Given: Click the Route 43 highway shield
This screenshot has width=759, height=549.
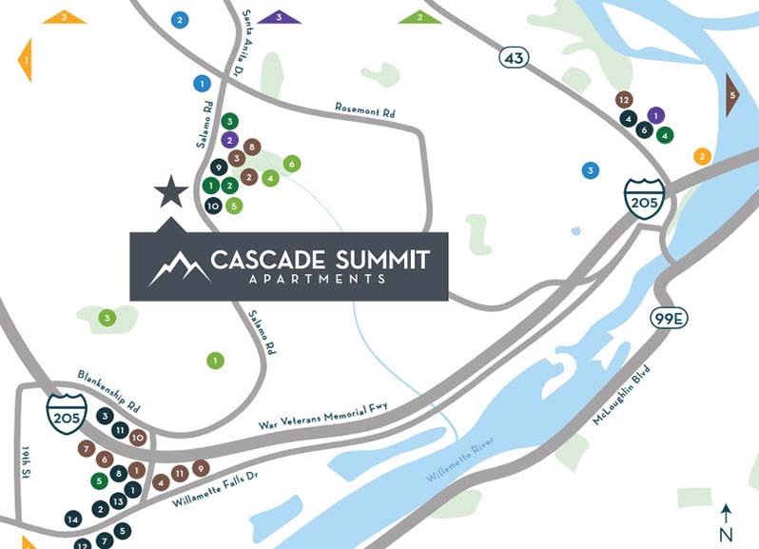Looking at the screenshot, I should click(x=515, y=59).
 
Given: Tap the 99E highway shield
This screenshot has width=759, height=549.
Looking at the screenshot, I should click(x=669, y=318).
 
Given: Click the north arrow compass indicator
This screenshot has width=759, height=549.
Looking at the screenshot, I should click(x=727, y=521).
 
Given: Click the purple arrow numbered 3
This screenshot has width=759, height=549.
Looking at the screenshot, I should click(x=279, y=16).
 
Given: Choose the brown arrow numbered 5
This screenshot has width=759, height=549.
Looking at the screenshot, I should click(x=732, y=95).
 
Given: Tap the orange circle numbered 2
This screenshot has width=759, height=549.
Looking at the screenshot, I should click(x=702, y=156).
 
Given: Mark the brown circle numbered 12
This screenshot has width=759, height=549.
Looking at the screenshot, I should click(x=624, y=99).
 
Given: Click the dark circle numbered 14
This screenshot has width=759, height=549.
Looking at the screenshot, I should click(x=73, y=519).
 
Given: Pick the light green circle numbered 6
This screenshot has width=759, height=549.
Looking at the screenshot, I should click(x=292, y=164).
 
